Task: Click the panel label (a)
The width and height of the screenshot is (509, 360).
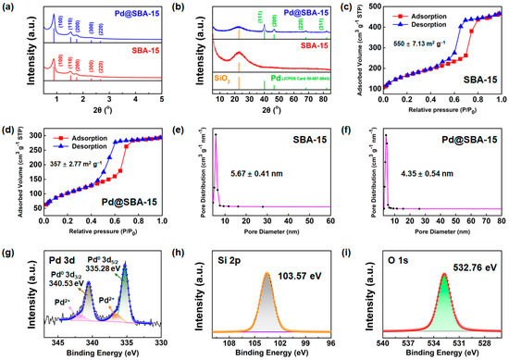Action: pyautogui.click(x=8, y=7)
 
